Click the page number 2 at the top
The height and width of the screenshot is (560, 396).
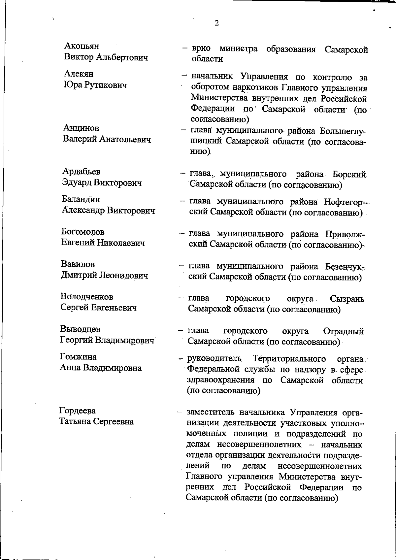(x=216, y=23)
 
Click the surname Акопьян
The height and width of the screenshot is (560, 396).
(x=82, y=46)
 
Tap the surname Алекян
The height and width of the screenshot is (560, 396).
(x=79, y=74)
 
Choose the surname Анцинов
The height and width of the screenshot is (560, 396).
(x=81, y=128)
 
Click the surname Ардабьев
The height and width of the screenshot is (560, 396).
(x=82, y=172)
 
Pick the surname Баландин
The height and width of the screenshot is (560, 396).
(x=81, y=199)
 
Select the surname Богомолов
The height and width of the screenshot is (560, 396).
(x=83, y=232)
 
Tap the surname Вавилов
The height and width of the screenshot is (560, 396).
(x=78, y=264)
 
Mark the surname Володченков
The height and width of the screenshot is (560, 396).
(x=87, y=296)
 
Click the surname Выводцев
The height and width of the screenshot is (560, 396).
(x=80, y=329)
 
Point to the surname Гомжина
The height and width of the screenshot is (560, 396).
(x=78, y=357)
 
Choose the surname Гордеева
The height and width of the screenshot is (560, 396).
(x=78, y=411)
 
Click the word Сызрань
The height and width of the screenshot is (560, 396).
(x=347, y=299)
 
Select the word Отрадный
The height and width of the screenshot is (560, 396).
(x=344, y=331)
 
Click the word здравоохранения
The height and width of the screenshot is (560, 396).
(x=220, y=380)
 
